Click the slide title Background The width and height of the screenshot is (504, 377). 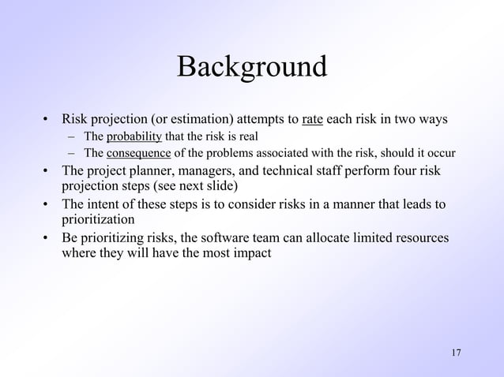251,66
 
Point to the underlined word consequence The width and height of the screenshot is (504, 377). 138,153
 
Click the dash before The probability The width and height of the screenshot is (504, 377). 71,136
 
